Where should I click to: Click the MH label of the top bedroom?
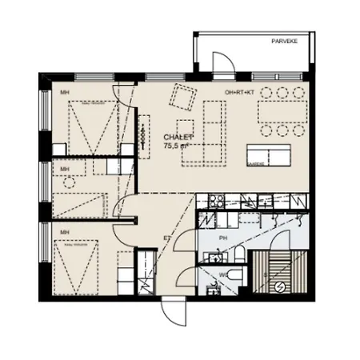65,93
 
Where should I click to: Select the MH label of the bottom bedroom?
64,232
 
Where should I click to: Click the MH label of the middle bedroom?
65,170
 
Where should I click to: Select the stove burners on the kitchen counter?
216,200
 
